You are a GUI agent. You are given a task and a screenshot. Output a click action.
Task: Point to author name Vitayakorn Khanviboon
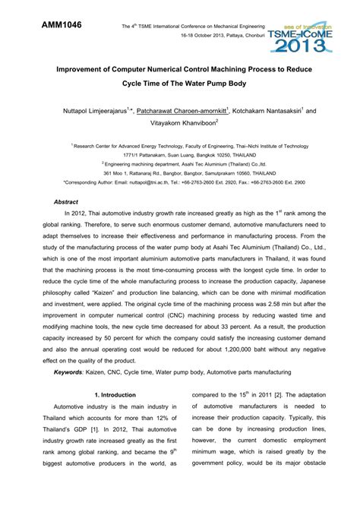click(180, 122)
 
